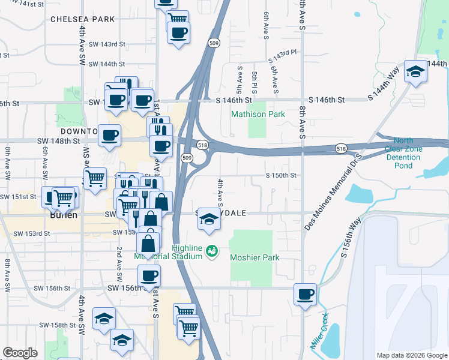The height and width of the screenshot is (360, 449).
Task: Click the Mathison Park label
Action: click(x=258, y=113)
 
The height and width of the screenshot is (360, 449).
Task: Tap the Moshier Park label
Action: click(x=255, y=257)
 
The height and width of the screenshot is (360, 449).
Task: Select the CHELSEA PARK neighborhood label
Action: click(x=82, y=19)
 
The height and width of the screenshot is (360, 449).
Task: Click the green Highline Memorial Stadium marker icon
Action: click(x=211, y=251)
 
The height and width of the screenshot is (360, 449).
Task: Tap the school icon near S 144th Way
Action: click(x=415, y=73)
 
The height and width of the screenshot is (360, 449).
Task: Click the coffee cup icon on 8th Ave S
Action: click(x=305, y=295)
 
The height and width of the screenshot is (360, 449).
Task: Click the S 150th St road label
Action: click(x=282, y=175)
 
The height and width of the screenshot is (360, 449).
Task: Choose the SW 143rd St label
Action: click(x=106, y=44)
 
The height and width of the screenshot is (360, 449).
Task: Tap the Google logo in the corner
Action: click(x=20, y=353)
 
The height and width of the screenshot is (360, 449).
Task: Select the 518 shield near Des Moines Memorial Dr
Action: click(x=341, y=148)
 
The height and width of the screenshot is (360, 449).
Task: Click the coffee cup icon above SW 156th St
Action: click(x=149, y=277)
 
